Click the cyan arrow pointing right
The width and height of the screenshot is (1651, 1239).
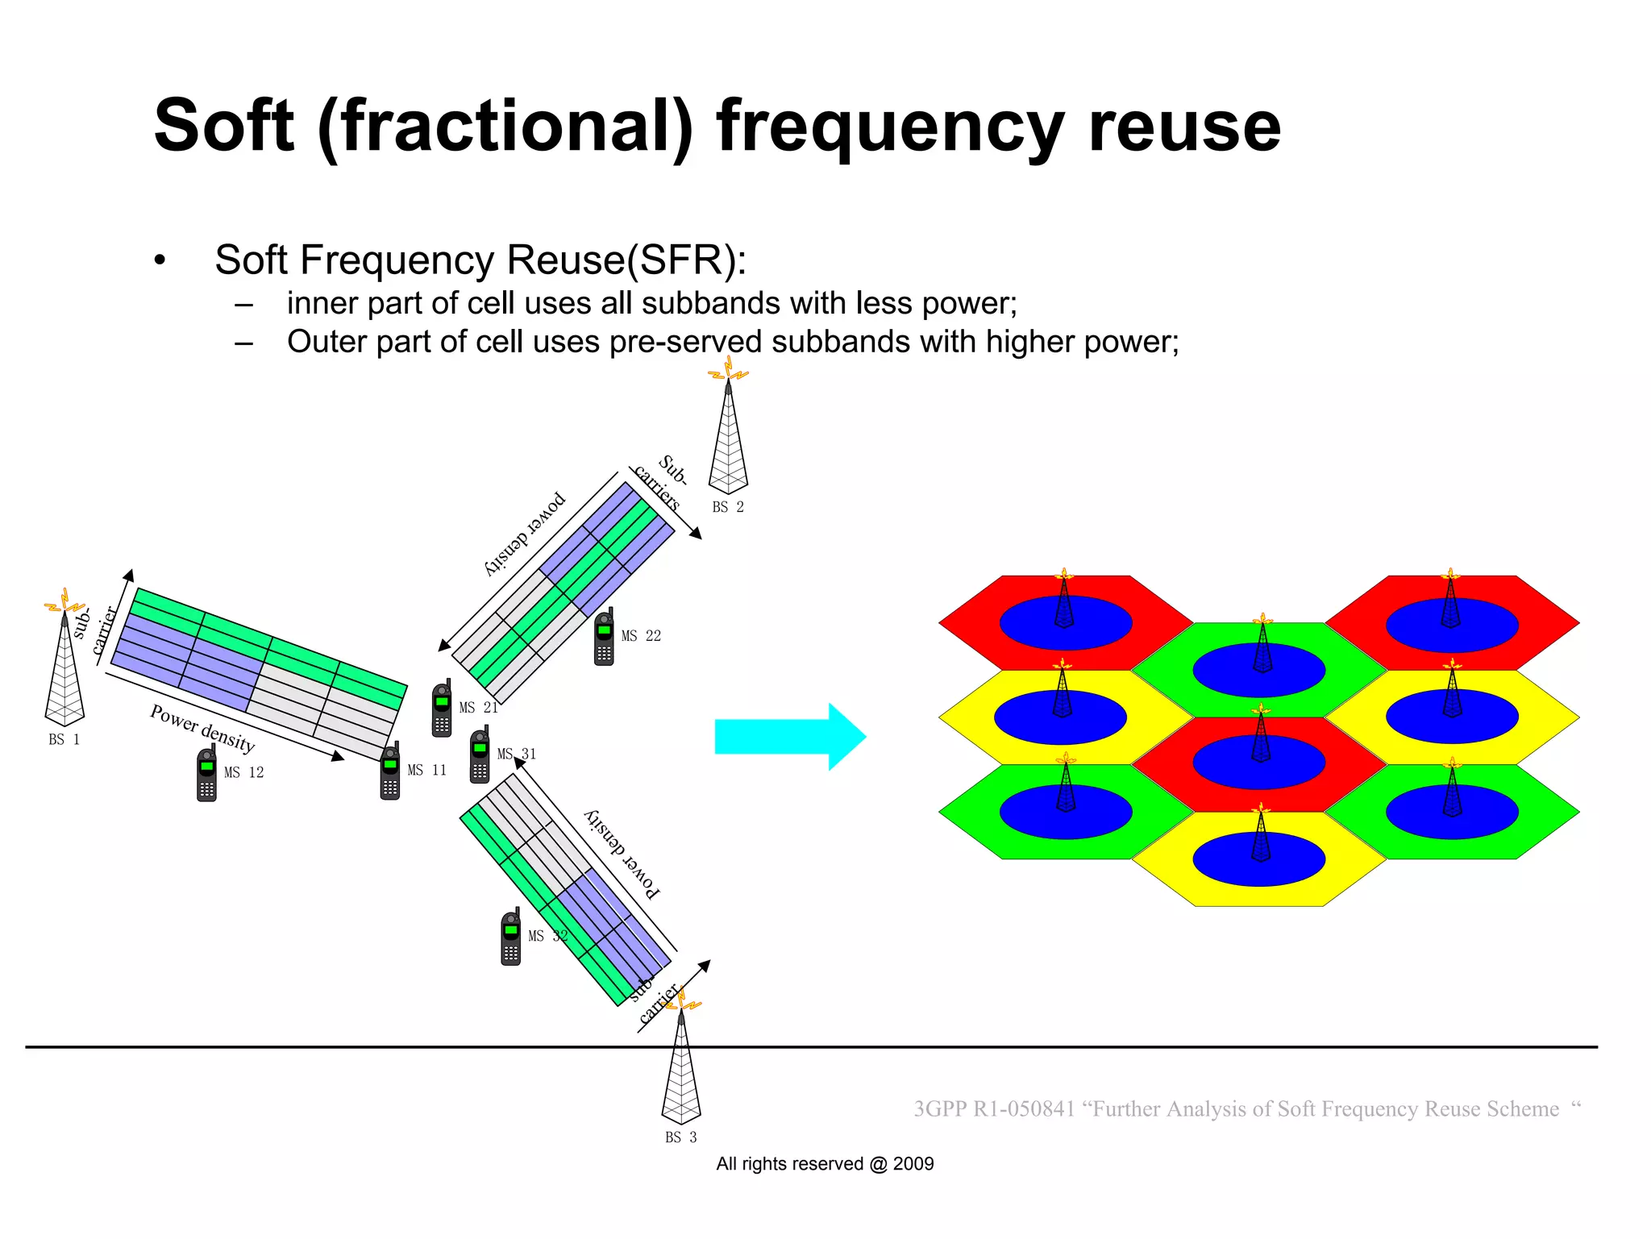[786, 737]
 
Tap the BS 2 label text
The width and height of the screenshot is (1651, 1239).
[727, 507]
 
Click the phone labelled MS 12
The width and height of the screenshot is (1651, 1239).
[207, 775]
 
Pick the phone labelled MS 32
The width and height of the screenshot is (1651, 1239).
[511, 938]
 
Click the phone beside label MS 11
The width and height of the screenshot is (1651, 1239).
[390, 772]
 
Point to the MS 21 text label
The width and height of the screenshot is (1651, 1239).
[478, 708]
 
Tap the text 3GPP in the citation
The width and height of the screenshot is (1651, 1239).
[939, 1109]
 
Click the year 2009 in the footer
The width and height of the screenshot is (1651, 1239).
[913, 1164]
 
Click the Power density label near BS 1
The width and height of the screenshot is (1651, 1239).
[202, 726]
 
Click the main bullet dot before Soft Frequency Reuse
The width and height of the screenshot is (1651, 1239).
[160, 260]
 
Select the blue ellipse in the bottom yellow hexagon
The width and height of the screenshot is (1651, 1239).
[1258, 859]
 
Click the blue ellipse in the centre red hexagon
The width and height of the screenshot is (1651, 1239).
[1258, 763]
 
